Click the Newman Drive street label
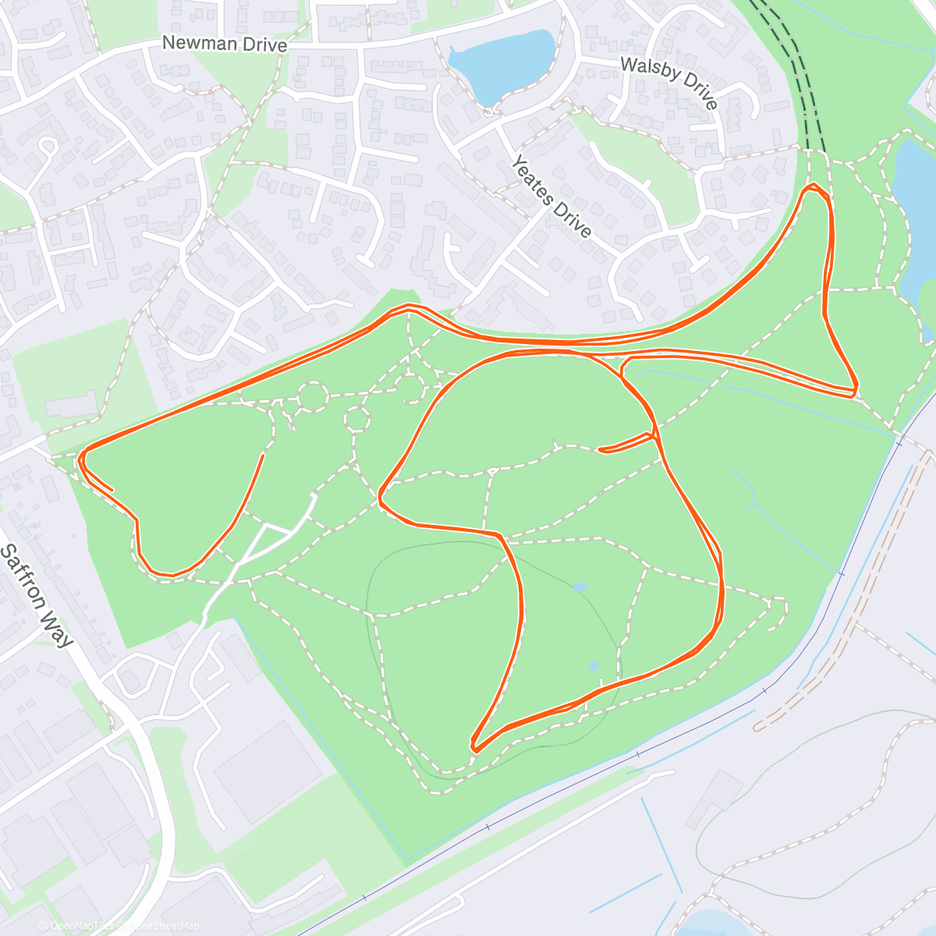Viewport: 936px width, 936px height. (224, 44)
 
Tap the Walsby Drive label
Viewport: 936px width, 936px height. (669, 82)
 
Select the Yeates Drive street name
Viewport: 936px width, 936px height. (551, 196)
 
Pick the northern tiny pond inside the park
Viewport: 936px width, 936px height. (580, 587)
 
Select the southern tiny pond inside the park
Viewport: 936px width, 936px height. (593, 666)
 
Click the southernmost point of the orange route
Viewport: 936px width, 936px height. (474, 751)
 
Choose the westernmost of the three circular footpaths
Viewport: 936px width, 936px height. (312, 396)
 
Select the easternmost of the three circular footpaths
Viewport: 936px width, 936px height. (409, 386)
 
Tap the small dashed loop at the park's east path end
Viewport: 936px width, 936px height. (778, 612)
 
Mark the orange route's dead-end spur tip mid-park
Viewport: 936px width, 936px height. (600, 450)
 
